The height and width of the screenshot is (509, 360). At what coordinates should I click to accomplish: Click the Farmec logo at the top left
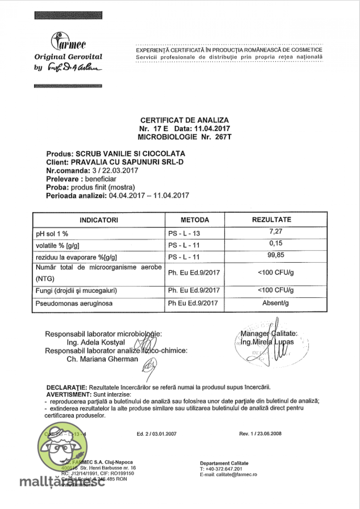tap(68, 42)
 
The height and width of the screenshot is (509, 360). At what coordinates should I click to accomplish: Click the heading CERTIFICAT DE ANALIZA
tap(184, 120)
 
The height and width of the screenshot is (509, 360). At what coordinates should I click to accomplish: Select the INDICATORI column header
tap(99, 220)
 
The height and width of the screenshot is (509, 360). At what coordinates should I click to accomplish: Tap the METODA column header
tap(195, 220)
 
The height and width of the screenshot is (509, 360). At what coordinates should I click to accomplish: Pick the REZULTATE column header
tap(271, 220)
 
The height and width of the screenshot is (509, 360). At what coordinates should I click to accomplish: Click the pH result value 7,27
tap(276, 232)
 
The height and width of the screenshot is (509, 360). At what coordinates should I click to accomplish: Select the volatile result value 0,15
tap(276, 243)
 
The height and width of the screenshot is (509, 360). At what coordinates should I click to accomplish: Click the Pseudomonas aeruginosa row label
tap(74, 304)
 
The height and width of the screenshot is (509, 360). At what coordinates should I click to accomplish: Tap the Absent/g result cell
tap(275, 303)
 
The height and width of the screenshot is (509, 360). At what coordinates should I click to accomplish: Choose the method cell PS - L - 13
tap(184, 233)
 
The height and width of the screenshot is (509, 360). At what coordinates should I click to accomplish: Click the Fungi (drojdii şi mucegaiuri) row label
tap(76, 291)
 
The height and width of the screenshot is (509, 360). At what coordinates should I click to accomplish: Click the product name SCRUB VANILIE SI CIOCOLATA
tap(130, 154)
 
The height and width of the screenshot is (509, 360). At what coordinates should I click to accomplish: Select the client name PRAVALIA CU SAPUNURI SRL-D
tap(127, 162)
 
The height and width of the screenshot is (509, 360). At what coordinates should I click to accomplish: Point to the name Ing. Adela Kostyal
tap(96, 343)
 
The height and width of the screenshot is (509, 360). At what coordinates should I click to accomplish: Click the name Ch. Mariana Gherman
tap(102, 359)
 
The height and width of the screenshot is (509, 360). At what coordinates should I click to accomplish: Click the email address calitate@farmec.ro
tap(236, 475)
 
